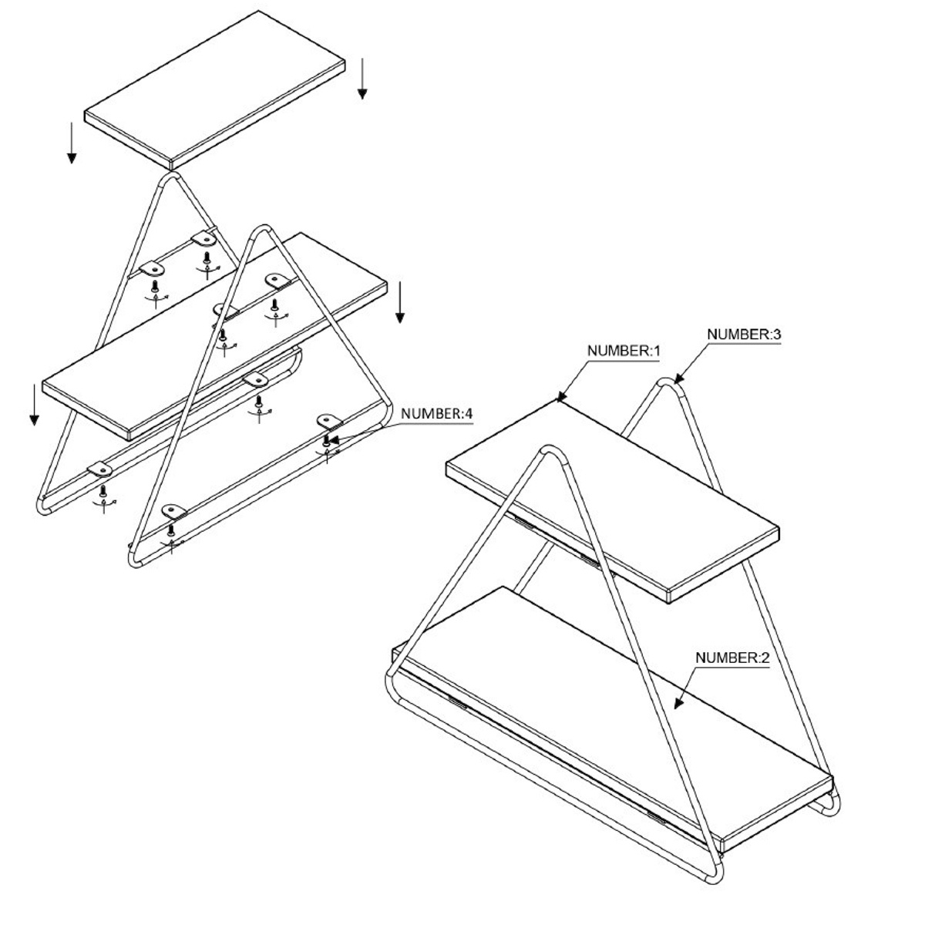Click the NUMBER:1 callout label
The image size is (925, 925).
[x=624, y=351]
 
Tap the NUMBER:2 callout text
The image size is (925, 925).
[x=732, y=658]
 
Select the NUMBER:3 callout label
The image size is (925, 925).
[x=744, y=335]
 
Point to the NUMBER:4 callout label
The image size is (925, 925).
[x=437, y=413]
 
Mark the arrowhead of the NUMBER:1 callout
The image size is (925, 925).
[x=562, y=396]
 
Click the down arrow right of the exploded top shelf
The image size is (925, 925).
[x=362, y=79]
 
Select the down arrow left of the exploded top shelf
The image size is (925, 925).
[x=72, y=143]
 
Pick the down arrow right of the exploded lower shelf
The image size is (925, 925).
[x=400, y=302]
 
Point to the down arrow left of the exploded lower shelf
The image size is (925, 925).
[x=34, y=405]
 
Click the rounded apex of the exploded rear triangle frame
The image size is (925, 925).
[x=170, y=176]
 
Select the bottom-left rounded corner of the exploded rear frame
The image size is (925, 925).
[x=43, y=508]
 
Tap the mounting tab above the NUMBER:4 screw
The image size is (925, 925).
[x=329, y=422]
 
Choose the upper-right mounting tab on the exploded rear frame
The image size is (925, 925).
[x=203, y=238]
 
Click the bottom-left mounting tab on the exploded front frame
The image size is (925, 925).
[x=174, y=511]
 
